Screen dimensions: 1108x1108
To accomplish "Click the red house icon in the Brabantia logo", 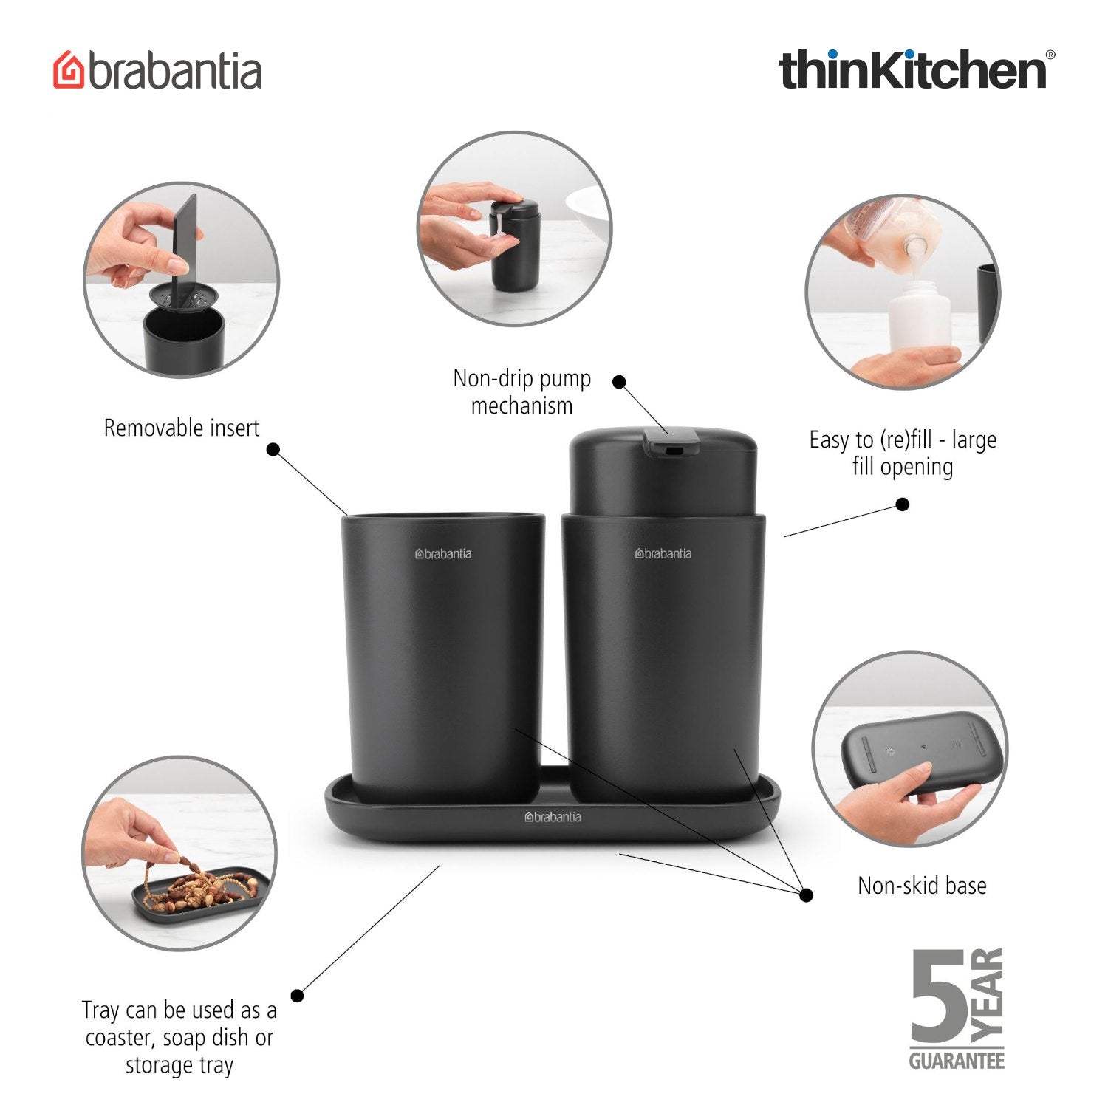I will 69,70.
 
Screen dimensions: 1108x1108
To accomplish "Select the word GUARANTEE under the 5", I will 957,1061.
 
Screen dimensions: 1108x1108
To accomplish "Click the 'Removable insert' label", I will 182,428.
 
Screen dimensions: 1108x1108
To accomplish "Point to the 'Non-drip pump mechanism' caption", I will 522,392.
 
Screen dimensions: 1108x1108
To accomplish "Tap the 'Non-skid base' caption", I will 922,886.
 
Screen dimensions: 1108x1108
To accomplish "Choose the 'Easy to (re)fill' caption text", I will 903,453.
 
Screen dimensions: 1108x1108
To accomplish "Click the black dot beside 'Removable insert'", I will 273,449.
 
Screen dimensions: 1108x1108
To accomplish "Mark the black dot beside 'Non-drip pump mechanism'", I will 620,382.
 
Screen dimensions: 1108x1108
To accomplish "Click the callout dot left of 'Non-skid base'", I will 807,895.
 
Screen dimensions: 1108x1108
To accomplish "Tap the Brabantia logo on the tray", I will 553,817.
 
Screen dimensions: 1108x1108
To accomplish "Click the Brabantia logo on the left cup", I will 443,554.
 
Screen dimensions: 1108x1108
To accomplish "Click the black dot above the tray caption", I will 297,996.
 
